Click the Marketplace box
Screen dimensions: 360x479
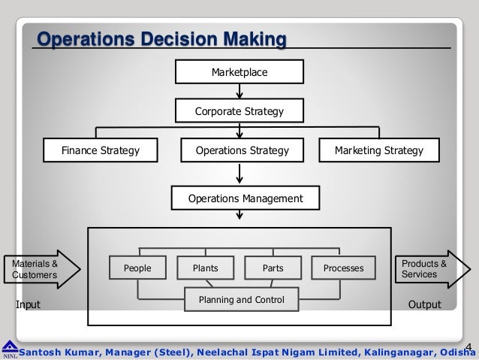point(239,72)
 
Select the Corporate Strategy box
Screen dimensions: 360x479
point(239,112)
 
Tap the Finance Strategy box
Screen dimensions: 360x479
point(101,151)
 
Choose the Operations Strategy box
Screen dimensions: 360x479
point(242,151)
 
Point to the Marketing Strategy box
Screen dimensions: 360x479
point(378,151)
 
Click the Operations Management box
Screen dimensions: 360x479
point(246,198)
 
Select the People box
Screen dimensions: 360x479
point(137,268)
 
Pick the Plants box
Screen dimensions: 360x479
point(205,268)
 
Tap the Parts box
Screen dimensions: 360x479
point(273,268)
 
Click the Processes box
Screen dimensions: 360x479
point(343,268)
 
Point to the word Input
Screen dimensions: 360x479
point(29,304)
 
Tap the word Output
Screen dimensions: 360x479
point(424,304)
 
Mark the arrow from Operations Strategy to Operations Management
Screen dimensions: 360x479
point(239,174)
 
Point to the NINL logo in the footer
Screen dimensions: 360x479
point(10,348)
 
